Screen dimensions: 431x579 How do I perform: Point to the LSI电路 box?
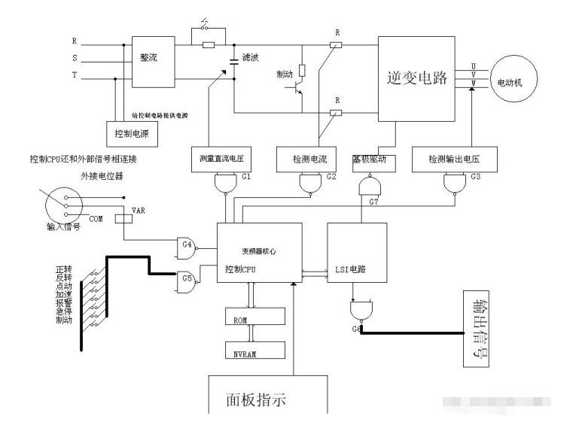[358, 253]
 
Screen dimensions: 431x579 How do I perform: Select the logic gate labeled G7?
[370, 185]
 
